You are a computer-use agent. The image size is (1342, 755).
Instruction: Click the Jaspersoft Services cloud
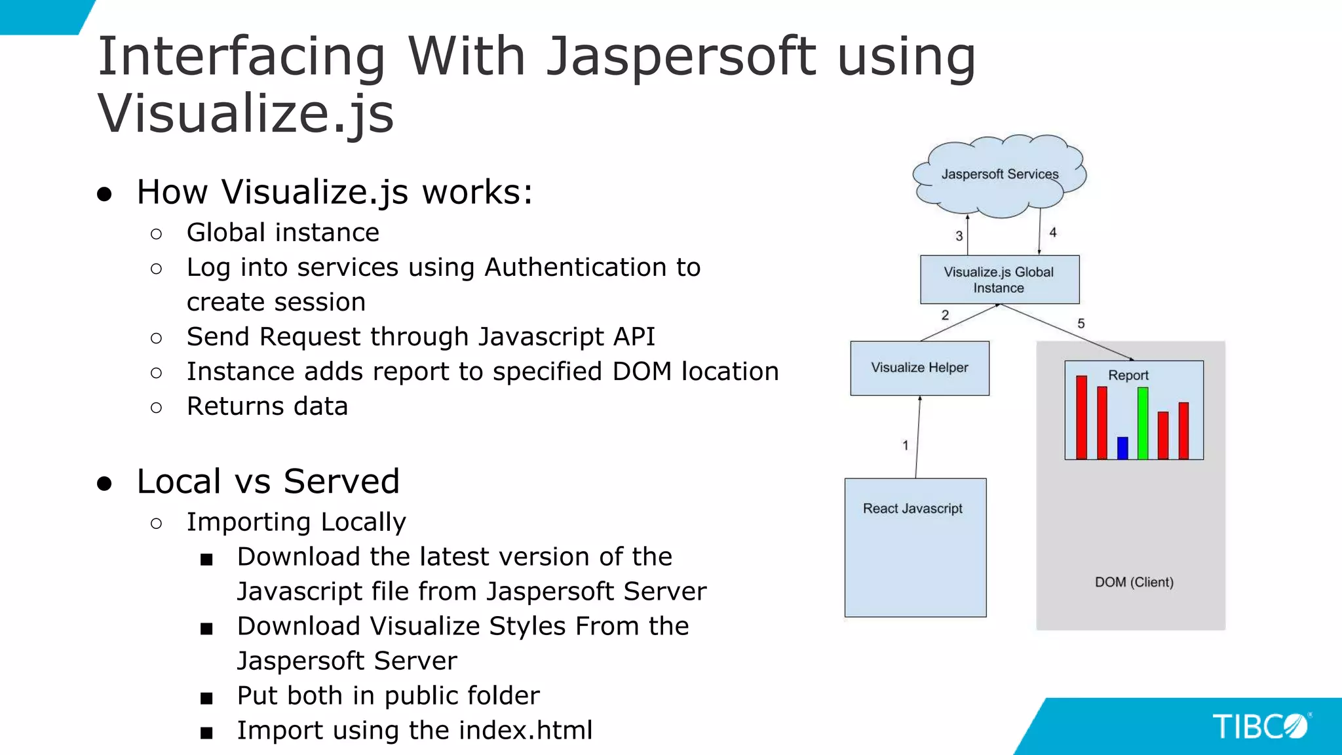[x=999, y=175]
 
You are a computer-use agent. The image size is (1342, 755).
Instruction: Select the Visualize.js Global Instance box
[x=999, y=280]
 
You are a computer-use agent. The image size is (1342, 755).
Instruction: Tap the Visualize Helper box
[x=919, y=368]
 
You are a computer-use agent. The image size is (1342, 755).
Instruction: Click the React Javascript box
[x=915, y=547]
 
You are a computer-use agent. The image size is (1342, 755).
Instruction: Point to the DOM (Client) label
[x=1134, y=582]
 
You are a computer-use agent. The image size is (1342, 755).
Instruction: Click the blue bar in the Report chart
[x=1122, y=448]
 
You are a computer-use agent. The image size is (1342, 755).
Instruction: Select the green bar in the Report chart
[x=1143, y=423]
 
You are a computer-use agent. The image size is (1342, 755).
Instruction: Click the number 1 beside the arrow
[x=906, y=446]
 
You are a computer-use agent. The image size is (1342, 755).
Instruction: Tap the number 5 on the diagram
[x=1081, y=324]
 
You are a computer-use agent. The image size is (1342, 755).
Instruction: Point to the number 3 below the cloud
[x=959, y=236]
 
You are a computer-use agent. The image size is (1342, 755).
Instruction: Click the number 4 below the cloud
[x=1053, y=233]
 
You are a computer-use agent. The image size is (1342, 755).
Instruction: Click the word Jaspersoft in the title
[x=681, y=57]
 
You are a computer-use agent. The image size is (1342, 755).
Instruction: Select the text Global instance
[x=282, y=233]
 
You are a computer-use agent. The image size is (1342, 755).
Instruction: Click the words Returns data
[x=267, y=406]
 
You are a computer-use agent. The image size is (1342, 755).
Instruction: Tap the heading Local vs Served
[x=268, y=481]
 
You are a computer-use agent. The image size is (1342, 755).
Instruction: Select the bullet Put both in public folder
[x=388, y=695]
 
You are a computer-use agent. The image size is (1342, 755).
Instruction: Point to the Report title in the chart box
[x=1128, y=376]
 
